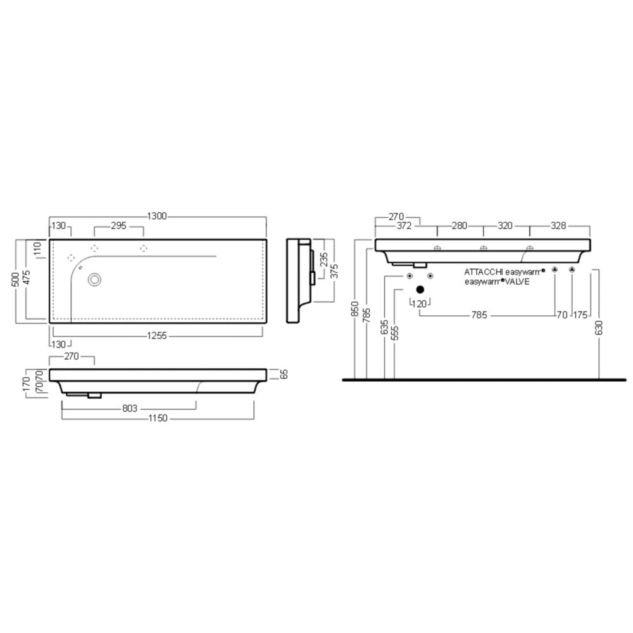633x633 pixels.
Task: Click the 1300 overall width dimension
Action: point(156,216)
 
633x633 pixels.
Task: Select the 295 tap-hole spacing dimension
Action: point(119,226)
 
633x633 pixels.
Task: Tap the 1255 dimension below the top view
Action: point(156,335)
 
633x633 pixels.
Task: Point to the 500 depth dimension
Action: point(15,279)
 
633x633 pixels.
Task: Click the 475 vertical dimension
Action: point(26,278)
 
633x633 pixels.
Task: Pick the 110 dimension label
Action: point(37,249)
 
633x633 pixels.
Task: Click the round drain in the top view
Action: point(94,279)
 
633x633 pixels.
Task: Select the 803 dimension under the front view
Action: point(130,408)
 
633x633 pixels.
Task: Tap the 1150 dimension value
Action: point(158,418)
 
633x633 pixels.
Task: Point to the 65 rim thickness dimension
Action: point(284,374)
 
